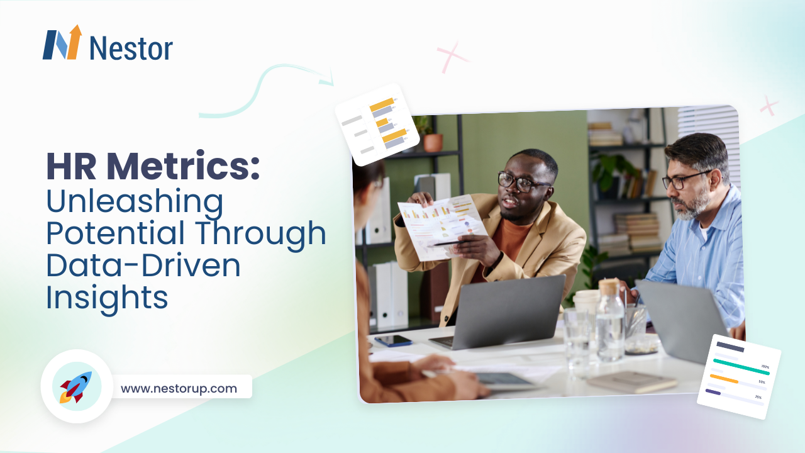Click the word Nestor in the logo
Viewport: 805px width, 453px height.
(x=131, y=48)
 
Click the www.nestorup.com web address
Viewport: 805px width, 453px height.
(x=179, y=388)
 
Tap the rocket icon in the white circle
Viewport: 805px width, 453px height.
(x=76, y=386)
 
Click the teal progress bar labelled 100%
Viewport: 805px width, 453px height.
(x=741, y=367)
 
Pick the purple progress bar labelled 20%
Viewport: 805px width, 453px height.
(x=713, y=392)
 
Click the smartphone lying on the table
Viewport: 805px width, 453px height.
(x=393, y=340)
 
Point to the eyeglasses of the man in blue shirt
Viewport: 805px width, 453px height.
(x=683, y=181)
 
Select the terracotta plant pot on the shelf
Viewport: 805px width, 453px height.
(x=433, y=143)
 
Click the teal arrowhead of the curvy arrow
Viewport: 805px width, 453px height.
(x=326, y=81)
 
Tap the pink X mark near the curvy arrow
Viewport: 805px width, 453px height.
(x=453, y=57)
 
